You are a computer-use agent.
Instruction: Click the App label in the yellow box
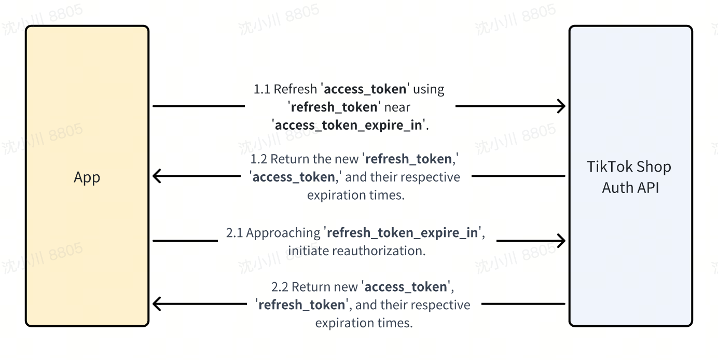[87, 177]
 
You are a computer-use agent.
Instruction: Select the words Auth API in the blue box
[630, 188]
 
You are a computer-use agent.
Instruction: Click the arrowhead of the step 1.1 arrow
[561, 106]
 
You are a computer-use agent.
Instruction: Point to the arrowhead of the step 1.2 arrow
[157, 176]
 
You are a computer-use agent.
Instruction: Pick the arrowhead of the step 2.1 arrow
[561, 241]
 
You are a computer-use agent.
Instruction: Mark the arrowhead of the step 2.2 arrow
[157, 304]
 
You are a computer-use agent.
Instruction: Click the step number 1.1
[262, 89]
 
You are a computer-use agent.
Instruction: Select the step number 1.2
[259, 159]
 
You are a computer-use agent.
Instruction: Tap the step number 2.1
[234, 233]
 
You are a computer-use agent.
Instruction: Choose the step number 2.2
[280, 287]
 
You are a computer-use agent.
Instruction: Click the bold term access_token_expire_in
[349, 126]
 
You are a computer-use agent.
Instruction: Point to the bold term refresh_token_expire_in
[402, 233]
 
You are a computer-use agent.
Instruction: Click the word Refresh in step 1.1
[295, 89]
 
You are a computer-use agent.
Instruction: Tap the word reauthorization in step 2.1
[379, 251]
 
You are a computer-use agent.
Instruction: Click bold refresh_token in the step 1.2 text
[409, 159]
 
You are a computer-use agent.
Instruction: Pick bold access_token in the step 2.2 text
[406, 287]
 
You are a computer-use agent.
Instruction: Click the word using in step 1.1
[429, 90]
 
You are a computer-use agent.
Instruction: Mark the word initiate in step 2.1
[308, 251]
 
